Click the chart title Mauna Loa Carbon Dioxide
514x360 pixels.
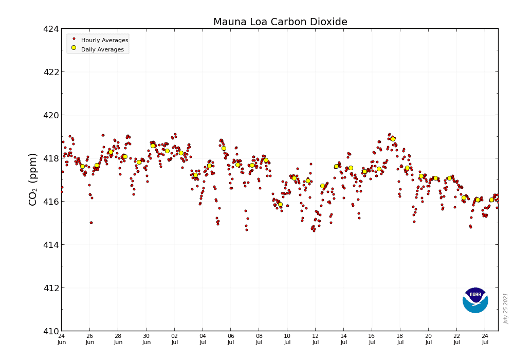pyautogui.click(x=280, y=22)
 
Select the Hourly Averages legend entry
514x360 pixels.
pyautogui.click(x=104, y=40)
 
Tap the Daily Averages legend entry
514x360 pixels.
pyautogui.click(x=102, y=49)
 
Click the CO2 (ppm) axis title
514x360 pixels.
pyautogui.click(x=33, y=179)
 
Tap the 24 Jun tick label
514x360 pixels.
pyautogui.click(x=62, y=339)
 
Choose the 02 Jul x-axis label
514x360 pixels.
pyautogui.click(x=174, y=339)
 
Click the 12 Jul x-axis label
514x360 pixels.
pyautogui.click(x=316, y=339)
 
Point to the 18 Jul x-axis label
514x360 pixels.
pyautogui.click(x=400, y=339)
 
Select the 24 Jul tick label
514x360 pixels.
pyautogui.click(x=485, y=339)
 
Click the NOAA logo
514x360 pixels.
pyautogui.click(x=475, y=300)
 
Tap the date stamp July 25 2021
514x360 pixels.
pyautogui.click(x=506, y=308)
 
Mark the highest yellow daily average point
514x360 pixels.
pyautogui.click(x=393, y=139)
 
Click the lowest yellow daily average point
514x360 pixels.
pyautogui.click(x=280, y=204)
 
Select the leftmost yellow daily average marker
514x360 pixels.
pyautogui.click(x=82, y=166)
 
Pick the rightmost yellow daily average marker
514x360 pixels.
pyautogui.click(x=491, y=200)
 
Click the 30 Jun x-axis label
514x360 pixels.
pyautogui.click(x=146, y=339)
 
